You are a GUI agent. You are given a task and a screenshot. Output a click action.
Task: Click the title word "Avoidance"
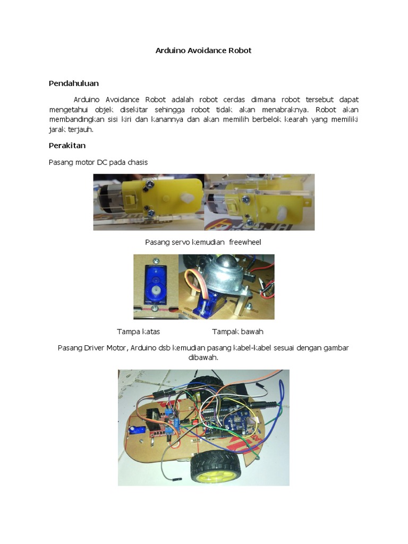(x=203, y=51)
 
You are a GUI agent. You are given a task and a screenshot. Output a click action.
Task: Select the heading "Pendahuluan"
(x=74, y=83)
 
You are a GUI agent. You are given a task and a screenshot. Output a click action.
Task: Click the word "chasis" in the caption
(x=136, y=163)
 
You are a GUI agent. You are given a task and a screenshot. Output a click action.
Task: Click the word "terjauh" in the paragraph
(x=84, y=129)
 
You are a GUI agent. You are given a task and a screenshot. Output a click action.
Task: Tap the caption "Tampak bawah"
(x=237, y=332)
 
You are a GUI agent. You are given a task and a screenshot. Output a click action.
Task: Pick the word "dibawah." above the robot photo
(x=203, y=358)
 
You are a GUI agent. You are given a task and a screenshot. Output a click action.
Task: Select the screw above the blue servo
(x=156, y=261)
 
